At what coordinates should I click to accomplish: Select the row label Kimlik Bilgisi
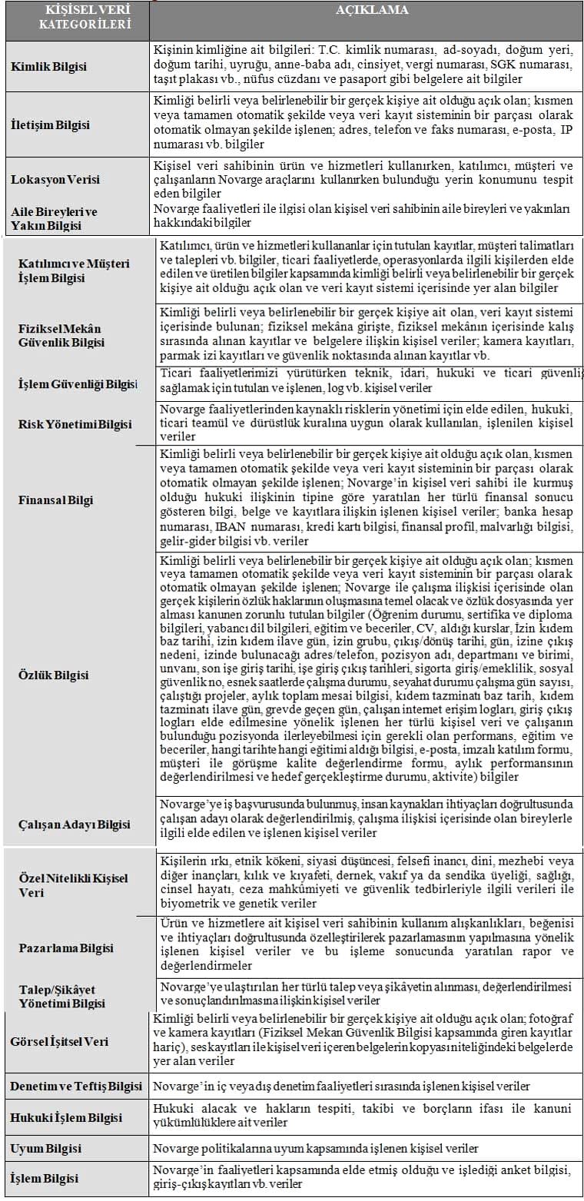[48, 66]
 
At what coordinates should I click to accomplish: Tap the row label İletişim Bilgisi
[50, 124]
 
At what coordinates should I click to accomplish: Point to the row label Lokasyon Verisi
[55, 179]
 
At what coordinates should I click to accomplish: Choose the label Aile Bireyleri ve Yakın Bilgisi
[54, 218]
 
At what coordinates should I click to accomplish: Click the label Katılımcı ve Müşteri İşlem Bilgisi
[74, 270]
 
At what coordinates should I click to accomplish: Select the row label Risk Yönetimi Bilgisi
[75, 423]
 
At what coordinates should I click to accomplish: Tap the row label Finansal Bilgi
[56, 500]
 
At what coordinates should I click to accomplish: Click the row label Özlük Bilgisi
[54, 675]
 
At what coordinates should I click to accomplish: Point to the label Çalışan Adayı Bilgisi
[75, 824]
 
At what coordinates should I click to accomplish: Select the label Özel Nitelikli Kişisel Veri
[73, 885]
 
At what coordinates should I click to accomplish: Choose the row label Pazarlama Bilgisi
[66, 948]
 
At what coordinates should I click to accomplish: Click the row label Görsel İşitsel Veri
[59, 1041]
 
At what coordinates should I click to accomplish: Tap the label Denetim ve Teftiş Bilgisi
[76, 1086]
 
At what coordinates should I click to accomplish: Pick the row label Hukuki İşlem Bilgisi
[66, 1116]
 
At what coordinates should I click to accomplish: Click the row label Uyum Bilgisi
[45, 1148]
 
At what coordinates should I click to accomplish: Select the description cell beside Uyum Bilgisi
[315, 1148]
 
